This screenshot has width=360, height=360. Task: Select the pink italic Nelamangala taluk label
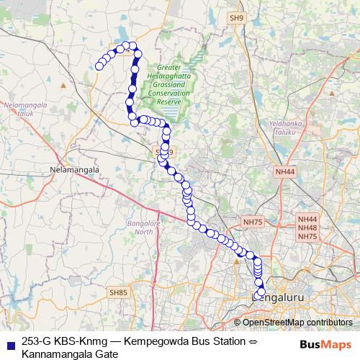[x=24, y=109]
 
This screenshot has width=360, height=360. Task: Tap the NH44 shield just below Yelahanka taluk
[x=285, y=172]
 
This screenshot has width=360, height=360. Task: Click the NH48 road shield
[x=307, y=228]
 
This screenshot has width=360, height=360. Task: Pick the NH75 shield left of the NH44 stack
[x=253, y=222]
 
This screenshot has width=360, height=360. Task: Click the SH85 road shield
[x=118, y=292]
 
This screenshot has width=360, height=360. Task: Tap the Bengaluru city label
[x=278, y=296]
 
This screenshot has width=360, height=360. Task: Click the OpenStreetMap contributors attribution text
[x=297, y=322]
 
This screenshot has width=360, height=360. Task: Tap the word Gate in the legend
[x=104, y=354]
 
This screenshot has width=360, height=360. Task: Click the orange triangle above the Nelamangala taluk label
[x=65, y=85]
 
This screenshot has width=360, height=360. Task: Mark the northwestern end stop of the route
[x=99, y=67]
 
